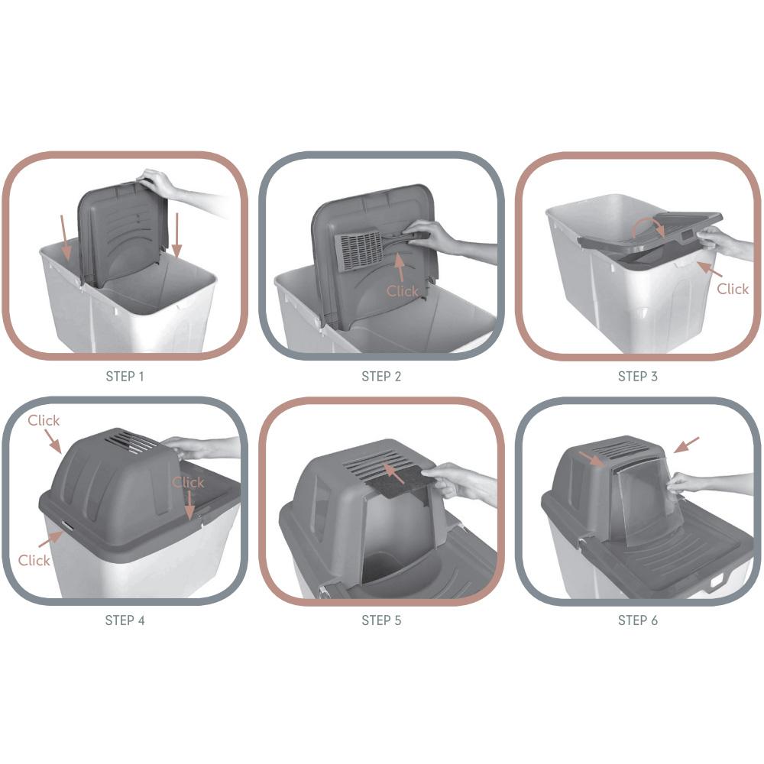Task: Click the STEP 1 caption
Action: point(125,376)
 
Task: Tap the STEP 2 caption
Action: point(381,376)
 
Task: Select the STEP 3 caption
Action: point(638,376)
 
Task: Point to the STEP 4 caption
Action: point(125,620)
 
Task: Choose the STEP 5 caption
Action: point(381,620)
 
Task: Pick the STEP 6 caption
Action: point(638,620)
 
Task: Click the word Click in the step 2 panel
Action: point(403,291)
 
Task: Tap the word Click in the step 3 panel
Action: point(733,289)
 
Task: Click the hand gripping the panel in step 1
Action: point(157,183)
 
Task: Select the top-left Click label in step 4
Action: point(44,420)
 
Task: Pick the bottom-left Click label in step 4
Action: point(34,560)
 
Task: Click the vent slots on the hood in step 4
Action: point(132,442)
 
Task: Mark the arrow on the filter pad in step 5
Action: point(394,473)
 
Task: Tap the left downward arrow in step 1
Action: point(65,238)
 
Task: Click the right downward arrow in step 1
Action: point(177,235)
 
